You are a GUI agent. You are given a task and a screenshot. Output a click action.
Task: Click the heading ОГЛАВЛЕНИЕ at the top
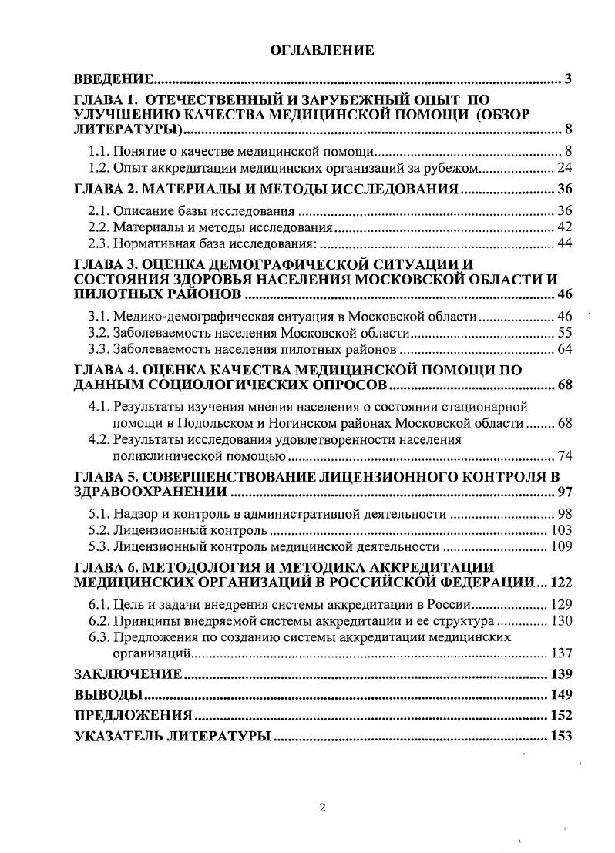(321, 51)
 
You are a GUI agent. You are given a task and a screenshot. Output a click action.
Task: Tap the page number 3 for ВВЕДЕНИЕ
(567, 79)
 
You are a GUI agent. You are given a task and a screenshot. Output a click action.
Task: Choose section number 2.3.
(97, 243)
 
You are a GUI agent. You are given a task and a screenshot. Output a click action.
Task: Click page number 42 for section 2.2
(563, 228)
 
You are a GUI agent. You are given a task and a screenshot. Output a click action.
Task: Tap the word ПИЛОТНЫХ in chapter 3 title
(115, 296)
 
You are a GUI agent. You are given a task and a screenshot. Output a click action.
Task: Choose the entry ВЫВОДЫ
(106, 695)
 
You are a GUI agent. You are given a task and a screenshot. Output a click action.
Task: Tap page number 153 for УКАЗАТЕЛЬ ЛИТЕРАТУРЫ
(560, 736)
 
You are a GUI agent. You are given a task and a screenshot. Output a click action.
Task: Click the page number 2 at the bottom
(323, 808)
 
